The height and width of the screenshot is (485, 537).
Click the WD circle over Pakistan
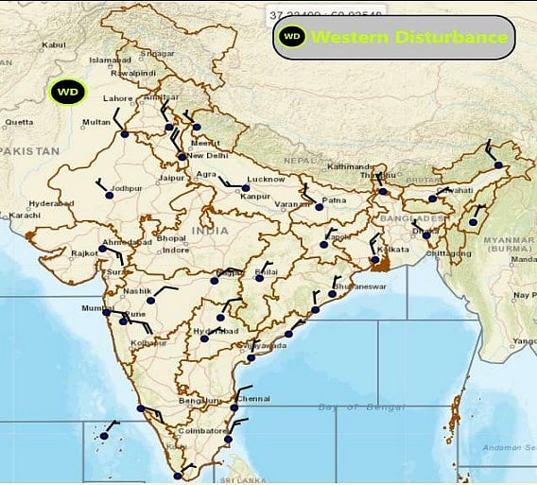[66, 93]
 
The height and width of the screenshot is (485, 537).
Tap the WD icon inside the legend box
[292, 37]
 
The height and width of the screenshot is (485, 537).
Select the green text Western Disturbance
[409, 38]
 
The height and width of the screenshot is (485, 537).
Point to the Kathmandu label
[350, 167]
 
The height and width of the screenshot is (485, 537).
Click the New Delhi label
[208, 156]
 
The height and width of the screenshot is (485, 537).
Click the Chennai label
[254, 399]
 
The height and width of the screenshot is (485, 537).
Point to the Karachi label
[25, 216]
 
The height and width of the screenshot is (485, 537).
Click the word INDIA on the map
[208, 230]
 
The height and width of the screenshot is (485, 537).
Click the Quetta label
[19, 121]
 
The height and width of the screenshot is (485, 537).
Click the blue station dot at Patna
[319, 206]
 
